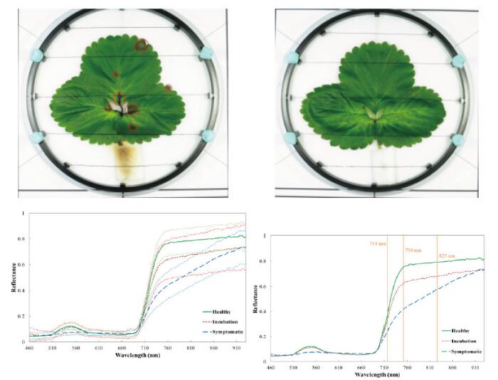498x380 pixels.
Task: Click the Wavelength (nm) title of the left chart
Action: [x=132, y=354]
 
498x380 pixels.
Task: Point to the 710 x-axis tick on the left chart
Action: [x=144, y=347]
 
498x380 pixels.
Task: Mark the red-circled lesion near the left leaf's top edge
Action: [x=142, y=46]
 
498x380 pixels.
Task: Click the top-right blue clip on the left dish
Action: [x=208, y=51]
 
